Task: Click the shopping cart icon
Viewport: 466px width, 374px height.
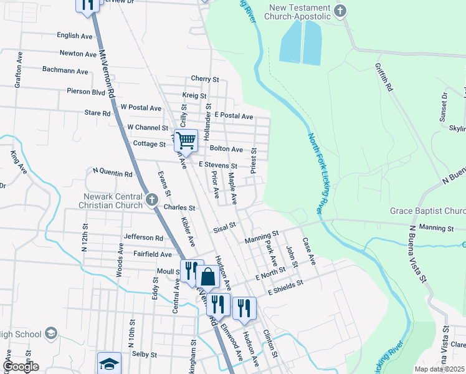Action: (186, 140)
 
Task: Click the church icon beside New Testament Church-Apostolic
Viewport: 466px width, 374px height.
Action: (340, 11)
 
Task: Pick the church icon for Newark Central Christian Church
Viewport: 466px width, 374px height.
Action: (152, 200)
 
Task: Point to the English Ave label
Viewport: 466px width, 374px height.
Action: (74, 36)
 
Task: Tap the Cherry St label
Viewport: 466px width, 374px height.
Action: (205, 79)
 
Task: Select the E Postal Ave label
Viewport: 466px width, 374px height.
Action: (233, 116)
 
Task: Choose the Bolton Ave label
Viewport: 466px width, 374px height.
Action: (226, 149)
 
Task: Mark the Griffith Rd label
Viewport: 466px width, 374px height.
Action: (383, 78)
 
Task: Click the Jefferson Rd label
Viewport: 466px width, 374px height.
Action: (143, 237)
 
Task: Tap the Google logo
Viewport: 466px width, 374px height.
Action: (21, 367)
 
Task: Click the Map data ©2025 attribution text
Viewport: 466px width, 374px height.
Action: (439, 369)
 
